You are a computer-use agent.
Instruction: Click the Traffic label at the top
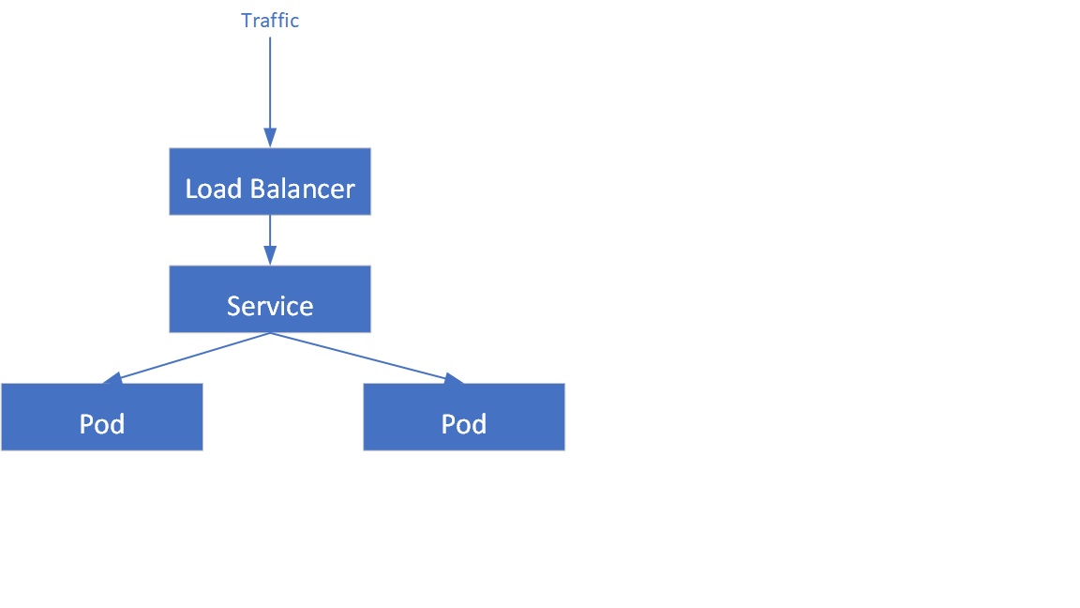point(270,21)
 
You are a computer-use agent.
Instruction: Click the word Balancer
point(302,189)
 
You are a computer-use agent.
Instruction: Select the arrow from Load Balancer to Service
point(270,233)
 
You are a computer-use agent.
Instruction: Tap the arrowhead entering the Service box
point(270,255)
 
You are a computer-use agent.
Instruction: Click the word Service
point(270,306)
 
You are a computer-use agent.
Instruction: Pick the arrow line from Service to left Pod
point(192,357)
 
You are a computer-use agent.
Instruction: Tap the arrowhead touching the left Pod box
point(112,378)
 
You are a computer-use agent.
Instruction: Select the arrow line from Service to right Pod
point(356,357)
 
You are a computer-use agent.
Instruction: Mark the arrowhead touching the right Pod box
point(454,378)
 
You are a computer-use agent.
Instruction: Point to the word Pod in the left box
point(101,424)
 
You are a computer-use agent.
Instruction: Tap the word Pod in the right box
point(464,424)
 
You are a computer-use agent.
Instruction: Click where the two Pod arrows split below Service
point(270,333)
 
